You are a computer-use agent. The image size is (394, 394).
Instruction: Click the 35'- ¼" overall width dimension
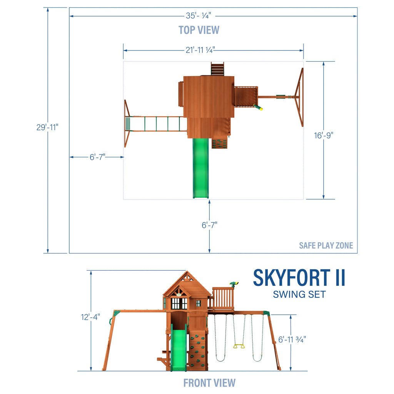pyautogui.click(x=199, y=16)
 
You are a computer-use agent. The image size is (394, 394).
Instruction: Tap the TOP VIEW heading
pyautogui.click(x=199, y=30)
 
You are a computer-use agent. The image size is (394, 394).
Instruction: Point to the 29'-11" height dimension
pyautogui.click(x=47, y=127)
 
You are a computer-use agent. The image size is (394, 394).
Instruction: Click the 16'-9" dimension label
pyautogui.click(x=323, y=135)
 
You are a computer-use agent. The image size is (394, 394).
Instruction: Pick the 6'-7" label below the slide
pyautogui.click(x=209, y=225)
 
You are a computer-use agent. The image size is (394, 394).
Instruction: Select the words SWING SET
pyautogui.click(x=299, y=295)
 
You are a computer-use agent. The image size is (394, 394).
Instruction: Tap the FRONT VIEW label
pyautogui.click(x=209, y=383)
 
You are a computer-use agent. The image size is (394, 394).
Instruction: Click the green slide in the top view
pyautogui.click(x=200, y=168)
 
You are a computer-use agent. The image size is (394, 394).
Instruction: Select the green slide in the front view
pyautogui.click(x=179, y=349)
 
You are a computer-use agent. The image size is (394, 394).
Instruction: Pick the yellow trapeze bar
pyautogui.click(x=239, y=346)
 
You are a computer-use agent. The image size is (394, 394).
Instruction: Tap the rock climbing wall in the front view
pyautogui.click(x=198, y=350)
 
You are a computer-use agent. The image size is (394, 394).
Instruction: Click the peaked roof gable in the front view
pyautogui.click(x=187, y=283)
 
